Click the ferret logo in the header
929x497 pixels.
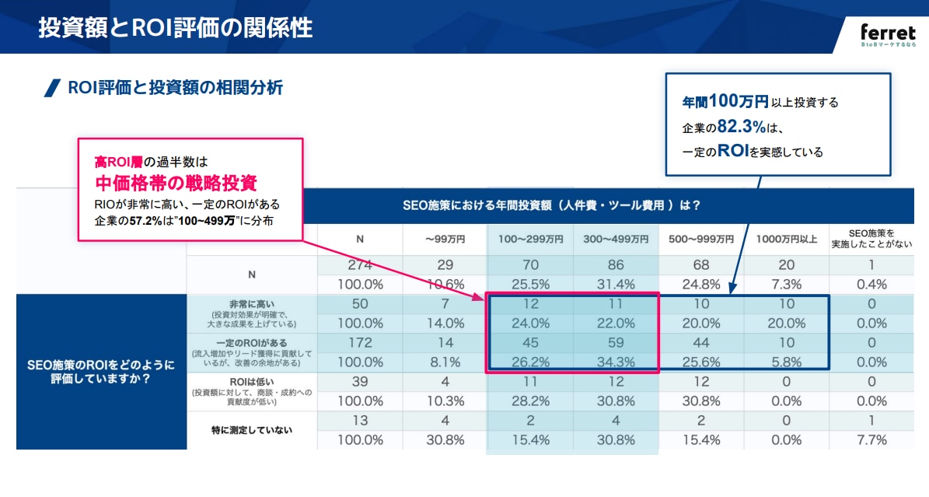tap(888, 33)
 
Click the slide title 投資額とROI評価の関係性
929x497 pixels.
tap(176, 28)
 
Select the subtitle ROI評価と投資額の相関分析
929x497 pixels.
tap(175, 87)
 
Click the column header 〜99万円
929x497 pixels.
tap(445, 240)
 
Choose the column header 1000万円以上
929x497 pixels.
tap(787, 240)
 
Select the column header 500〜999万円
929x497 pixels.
tap(701, 240)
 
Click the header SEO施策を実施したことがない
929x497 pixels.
tap(871, 239)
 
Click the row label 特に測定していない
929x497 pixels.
tap(252, 429)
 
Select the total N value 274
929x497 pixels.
tap(359, 265)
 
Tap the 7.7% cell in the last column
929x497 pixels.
tap(871, 439)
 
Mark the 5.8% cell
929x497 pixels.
tap(787, 362)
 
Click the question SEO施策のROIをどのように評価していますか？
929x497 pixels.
tap(101, 372)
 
